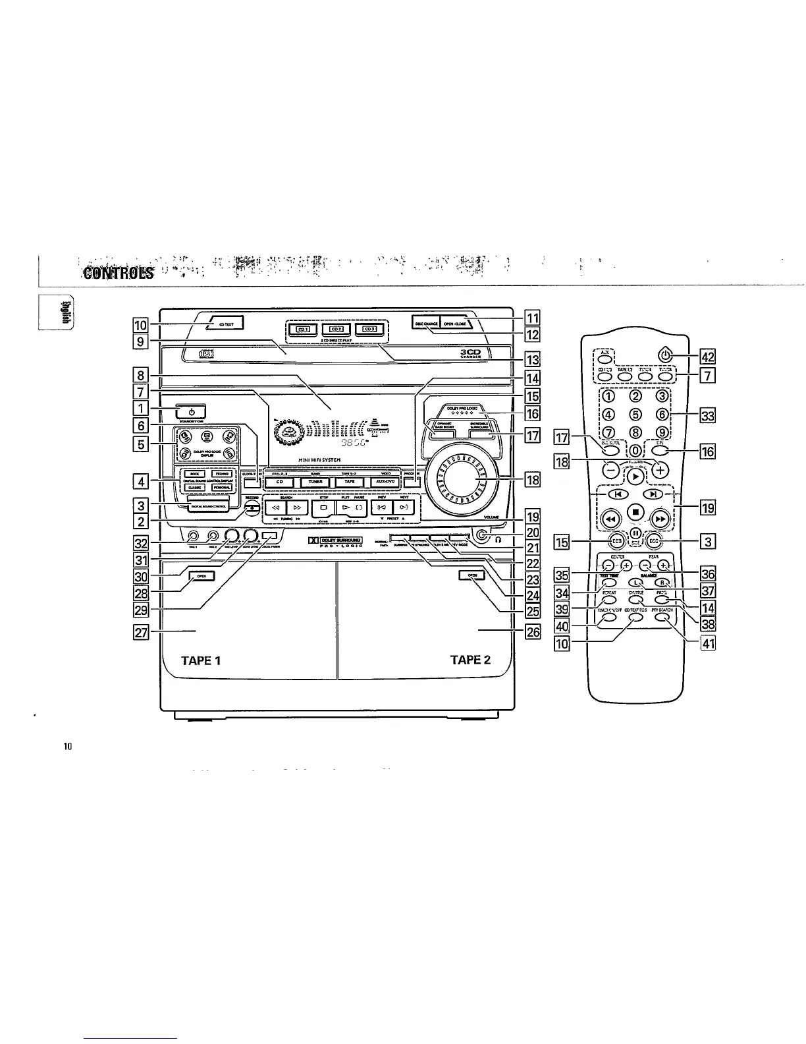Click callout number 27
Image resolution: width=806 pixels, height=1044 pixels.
point(140,633)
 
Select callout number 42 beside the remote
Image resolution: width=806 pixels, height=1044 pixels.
point(708,358)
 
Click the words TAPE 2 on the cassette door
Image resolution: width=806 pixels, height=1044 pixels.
point(471,660)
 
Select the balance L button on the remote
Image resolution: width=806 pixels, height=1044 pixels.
point(636,582)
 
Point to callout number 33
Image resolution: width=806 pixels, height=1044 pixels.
point(708,415)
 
